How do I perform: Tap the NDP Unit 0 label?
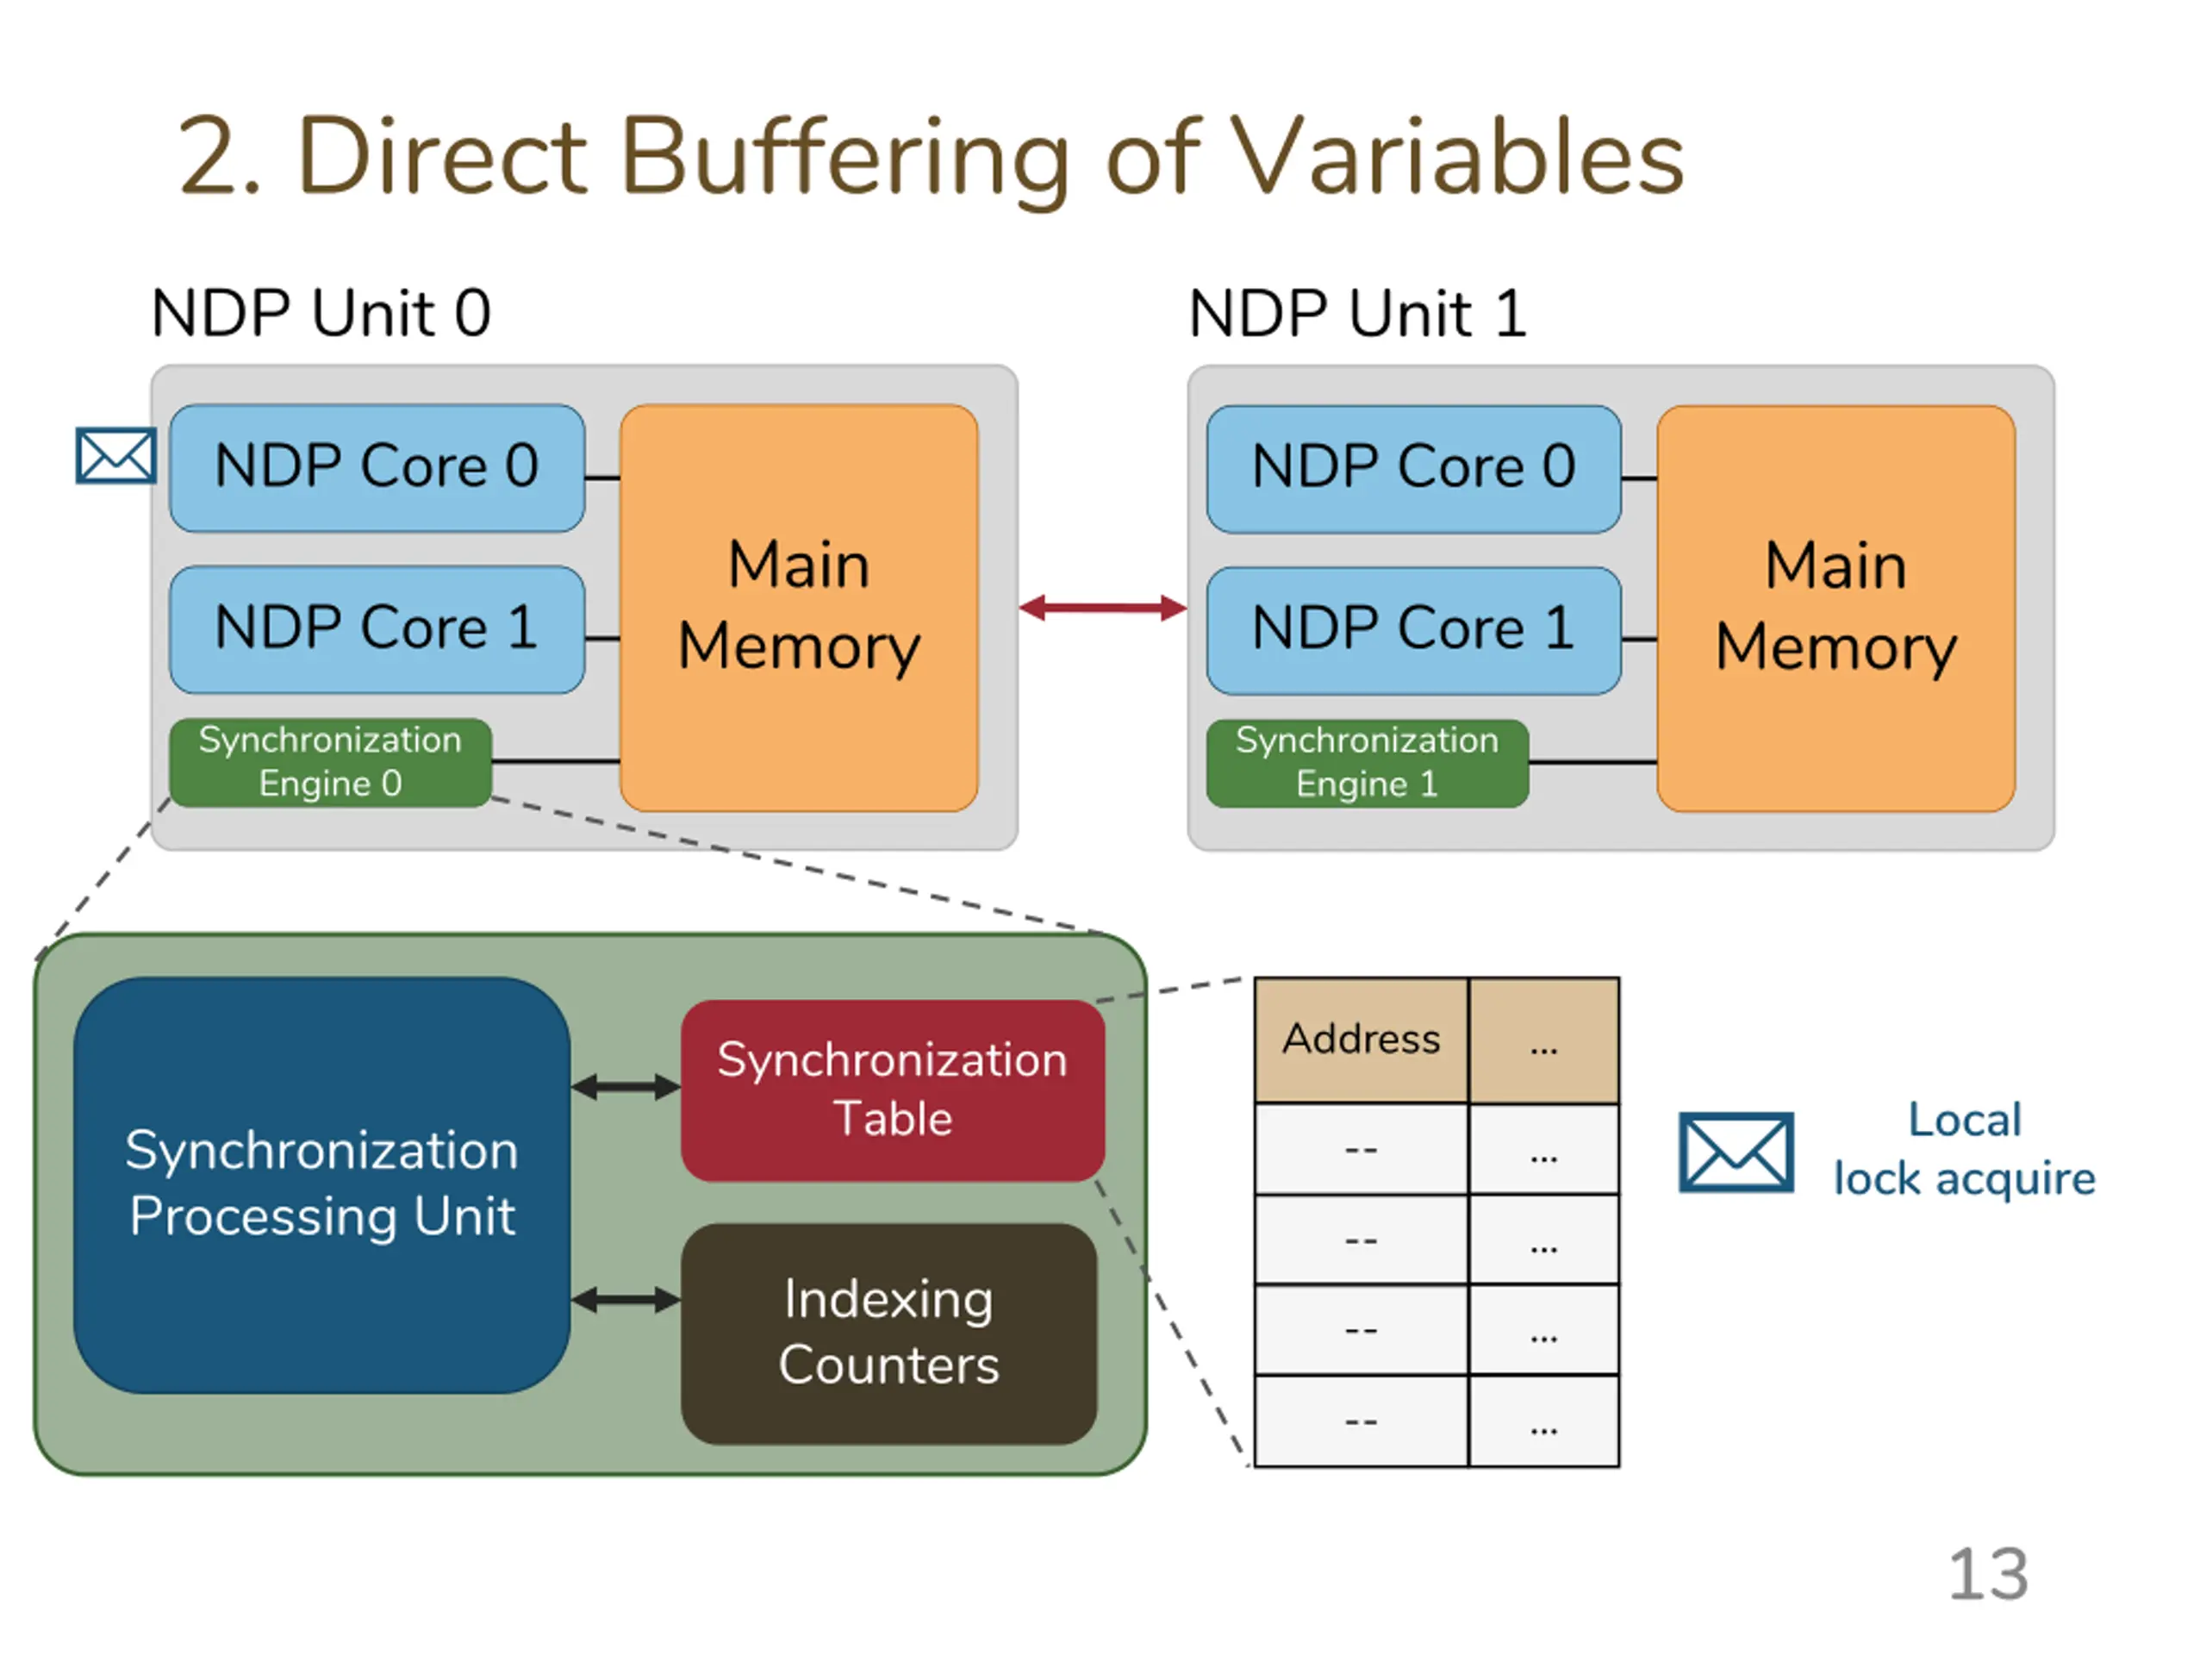tap(321, 313)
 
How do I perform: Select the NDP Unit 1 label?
tap(1357, 313)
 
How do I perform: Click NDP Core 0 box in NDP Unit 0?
tap(377, 468)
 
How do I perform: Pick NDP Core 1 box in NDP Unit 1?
tap(1414, 630)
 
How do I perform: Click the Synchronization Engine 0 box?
tap(331, 762)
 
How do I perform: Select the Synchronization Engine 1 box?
tap(1368, 763)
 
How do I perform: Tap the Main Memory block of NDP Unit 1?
tap(1836, 609)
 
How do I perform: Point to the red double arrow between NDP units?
tap(1103, 608)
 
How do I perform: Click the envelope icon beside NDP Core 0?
tap(116, 456)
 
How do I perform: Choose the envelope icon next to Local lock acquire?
tap(1736, 1152)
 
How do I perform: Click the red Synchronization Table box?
tap(893, 1090)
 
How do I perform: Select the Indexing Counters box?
tap(889, 1333)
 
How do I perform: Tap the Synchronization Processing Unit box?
tap(322, 1185)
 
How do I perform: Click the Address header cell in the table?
tap(1362, 1040)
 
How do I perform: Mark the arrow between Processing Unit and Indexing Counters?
tap(626, 1300)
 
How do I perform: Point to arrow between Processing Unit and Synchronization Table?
tap(626, 1087)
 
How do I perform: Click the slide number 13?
tap(1989, 1575)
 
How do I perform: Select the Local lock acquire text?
tap(1965, 1149)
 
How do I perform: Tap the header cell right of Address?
tap(1544, 1040)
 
